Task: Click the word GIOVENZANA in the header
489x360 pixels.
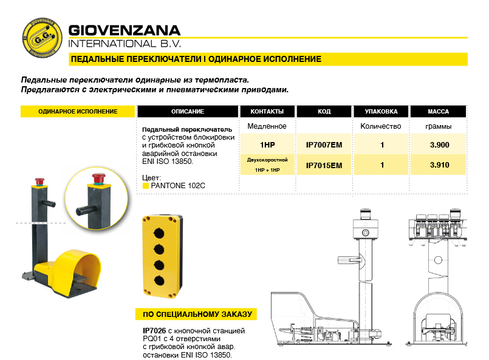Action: (x=125, y=30)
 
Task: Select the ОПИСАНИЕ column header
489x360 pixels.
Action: (x=187, y=112)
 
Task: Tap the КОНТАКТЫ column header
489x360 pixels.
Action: (x=267, y=112)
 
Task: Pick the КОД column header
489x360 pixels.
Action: (x=324, y=112)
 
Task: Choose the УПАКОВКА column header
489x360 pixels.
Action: (x=381, y=112)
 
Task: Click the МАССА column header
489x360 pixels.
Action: (x=438, y=112)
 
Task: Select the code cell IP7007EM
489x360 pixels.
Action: (x=324, y=146)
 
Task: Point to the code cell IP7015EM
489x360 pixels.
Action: (x=324, y=165)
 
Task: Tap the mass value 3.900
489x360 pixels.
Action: (x=439, y=146)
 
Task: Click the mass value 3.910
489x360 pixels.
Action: (x=439, y=165)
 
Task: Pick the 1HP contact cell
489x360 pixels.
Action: (x=267, y=146)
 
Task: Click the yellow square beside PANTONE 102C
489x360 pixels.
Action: (x=145, y=185)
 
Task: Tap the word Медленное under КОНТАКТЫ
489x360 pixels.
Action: (x=267, y=126)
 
